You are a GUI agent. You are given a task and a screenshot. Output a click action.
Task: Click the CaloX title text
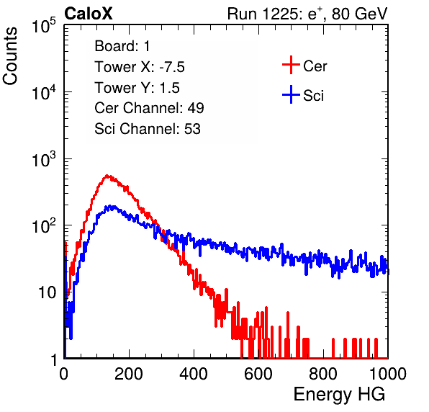pos(88,14)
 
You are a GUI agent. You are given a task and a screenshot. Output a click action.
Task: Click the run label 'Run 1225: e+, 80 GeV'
pos(307,14)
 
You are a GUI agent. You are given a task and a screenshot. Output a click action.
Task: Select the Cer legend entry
pos(304,65)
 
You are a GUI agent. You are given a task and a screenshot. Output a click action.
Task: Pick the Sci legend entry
pos(303,95)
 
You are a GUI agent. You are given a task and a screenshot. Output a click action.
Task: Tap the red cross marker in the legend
pos(291,65)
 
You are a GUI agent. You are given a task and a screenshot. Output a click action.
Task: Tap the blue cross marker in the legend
pos(291,95)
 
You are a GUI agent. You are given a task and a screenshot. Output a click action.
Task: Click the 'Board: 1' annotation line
pos(122,46)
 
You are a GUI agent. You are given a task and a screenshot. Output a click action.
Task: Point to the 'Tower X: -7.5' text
pos(140,67)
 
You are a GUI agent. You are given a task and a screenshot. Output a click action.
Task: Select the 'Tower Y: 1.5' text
pos(137,88)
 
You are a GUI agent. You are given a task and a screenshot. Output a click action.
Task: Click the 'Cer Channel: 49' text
pos(149,108)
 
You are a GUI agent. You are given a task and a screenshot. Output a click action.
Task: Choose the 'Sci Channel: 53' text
pos(148,129)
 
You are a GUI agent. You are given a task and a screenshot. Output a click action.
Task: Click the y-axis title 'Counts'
pos(10,56)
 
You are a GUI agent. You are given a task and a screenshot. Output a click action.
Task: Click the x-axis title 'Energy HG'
pos(339,394)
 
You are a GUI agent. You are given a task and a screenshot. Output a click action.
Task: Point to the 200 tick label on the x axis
pos(129,374)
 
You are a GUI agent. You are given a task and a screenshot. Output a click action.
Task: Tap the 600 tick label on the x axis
pos(258,374)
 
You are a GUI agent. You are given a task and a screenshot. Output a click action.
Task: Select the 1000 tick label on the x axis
pos(388,374)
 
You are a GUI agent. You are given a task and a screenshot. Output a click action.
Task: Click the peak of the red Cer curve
pos(107,175)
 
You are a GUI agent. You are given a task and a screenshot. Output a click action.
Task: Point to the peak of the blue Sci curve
pos(109,205)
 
